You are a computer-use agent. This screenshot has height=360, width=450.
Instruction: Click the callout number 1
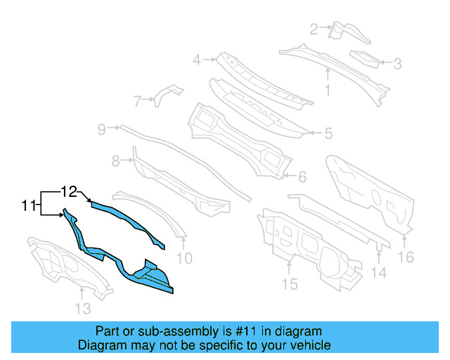(327, 89)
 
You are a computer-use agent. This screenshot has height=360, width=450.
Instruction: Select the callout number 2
(314, 28)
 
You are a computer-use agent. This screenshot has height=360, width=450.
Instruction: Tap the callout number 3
(397, 65)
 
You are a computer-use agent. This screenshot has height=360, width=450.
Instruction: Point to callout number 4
(198, 59)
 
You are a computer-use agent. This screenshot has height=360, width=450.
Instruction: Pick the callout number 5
(328, 132)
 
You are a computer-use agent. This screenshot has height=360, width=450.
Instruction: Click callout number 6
(302, 176)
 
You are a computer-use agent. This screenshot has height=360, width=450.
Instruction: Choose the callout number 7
(138, 101)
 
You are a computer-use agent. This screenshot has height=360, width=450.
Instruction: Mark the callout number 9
(101, 129)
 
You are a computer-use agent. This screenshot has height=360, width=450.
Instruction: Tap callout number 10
(184, 258)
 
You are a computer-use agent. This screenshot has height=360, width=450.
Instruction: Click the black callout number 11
(28, 206)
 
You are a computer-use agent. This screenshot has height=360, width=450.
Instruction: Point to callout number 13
(83, 308)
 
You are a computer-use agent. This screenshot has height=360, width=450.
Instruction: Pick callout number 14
(379, 272)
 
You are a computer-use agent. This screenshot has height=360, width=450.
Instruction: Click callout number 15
(290, 283)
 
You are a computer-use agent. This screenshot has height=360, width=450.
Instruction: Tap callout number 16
(406, 257)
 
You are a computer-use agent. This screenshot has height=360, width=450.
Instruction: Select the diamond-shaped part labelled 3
(364, 58)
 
